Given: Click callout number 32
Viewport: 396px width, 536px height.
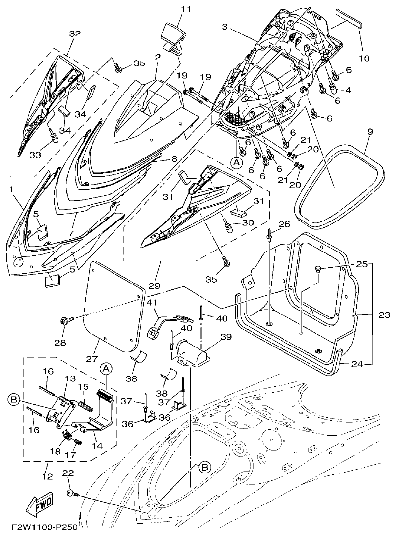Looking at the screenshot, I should tap(75, 34).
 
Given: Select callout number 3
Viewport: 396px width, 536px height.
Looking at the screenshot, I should tap(224, 28).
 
